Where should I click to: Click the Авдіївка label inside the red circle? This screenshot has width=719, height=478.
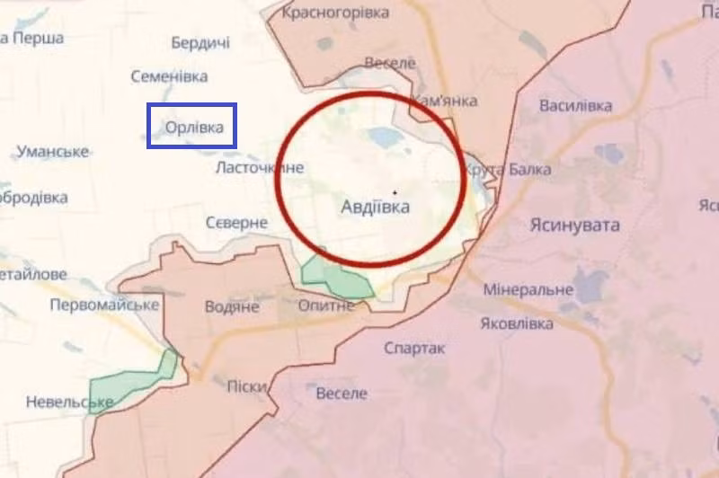(x=375, y=208)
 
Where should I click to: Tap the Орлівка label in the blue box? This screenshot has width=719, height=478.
(x=194, y=128)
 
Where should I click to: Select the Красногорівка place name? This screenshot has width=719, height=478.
(x=335, y=13)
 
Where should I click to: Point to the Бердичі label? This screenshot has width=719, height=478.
(x=200, y=43)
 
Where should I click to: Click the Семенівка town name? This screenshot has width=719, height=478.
(x=169, y=77)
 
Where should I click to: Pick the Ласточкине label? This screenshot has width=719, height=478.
(x=260, y=168)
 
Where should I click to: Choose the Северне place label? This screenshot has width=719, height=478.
(x=236, y=222)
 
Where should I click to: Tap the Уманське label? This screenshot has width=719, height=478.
(x=51, y=151)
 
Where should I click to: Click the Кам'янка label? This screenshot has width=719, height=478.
(x=443, y=101)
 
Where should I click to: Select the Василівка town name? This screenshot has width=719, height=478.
(x=575, y=106)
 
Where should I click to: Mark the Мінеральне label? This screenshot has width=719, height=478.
(x=528, y=289)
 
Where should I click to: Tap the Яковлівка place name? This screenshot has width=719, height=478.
(x=517, y=323)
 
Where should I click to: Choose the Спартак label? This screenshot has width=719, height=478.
(x=414, y=348)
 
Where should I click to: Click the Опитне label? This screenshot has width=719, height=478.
(x=326, y=306)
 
